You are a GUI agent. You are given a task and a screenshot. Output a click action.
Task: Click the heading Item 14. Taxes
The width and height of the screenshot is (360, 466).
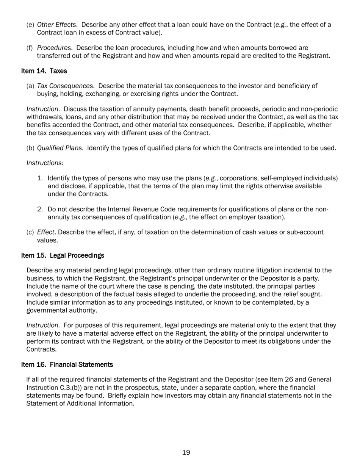[x=44, y=71]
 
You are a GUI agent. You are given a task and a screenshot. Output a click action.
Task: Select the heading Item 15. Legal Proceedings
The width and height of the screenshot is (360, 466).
[x=63, y=255]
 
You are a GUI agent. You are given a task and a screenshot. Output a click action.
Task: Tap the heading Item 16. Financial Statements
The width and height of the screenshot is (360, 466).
[x=67, y=364]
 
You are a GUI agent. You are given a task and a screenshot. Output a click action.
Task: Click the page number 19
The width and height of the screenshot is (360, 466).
[x=186, y=452]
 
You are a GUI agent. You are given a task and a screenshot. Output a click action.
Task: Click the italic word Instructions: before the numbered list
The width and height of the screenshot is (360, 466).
[x=45, y=163]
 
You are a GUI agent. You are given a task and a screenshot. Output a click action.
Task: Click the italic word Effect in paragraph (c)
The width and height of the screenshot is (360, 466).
[x=45, y=232]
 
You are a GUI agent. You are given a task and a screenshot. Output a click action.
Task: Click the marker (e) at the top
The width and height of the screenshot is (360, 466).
[x=30, y=25]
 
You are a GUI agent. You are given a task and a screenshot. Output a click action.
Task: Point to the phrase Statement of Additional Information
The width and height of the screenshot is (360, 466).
[x=80, y=403]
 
